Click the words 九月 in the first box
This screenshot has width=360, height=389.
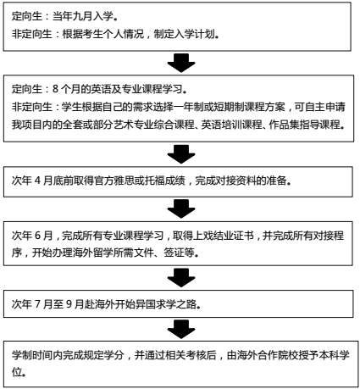coord(83,16)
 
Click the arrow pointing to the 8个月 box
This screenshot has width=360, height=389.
coord(181,63)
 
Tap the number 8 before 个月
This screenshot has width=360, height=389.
coord(55,89)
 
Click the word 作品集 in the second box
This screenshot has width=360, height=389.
coord(284,125)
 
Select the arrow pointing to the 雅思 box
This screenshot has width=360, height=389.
coord(181,154)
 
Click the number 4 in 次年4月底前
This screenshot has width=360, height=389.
coord(37,181)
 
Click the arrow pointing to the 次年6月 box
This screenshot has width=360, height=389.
coord(181,208)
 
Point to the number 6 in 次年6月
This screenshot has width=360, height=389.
coord(37,236)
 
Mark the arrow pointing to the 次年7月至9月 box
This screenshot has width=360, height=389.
coord(181,278)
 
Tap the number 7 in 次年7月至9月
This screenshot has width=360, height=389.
coord(37,304)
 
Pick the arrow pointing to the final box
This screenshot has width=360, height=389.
coord(181,330)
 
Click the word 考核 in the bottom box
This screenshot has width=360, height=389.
coord(196,355)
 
